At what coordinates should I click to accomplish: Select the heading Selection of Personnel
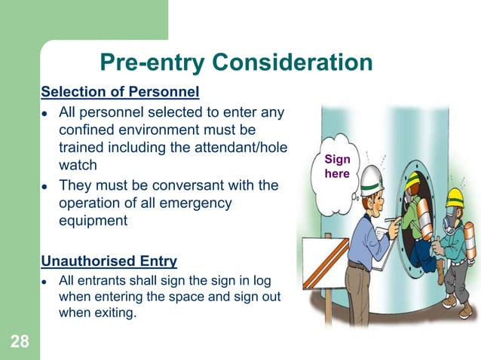[x=120, y=93]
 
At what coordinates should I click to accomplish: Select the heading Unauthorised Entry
[x=109, y=261]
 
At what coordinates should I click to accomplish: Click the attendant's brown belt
[x=361, y=265]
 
